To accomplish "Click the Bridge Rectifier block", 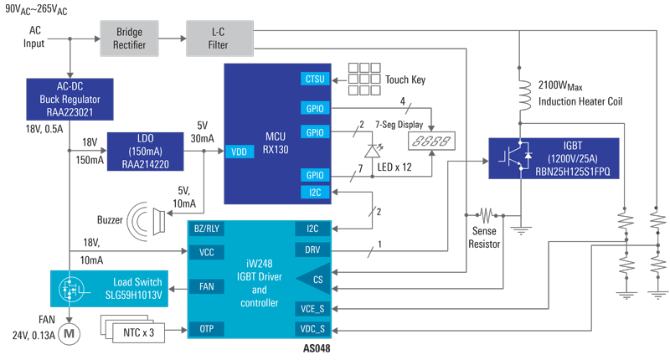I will (126, 38).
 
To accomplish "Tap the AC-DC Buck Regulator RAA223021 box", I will (58, 99).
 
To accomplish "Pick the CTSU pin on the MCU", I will (315, 80).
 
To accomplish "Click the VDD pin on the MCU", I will (238, 152).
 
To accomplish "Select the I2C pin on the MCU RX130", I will (315, 193).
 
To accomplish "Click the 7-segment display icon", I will (435, 138).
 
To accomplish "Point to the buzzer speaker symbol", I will (147, 221).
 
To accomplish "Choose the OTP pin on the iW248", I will (206, 329).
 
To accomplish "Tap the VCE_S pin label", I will (312, 308).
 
